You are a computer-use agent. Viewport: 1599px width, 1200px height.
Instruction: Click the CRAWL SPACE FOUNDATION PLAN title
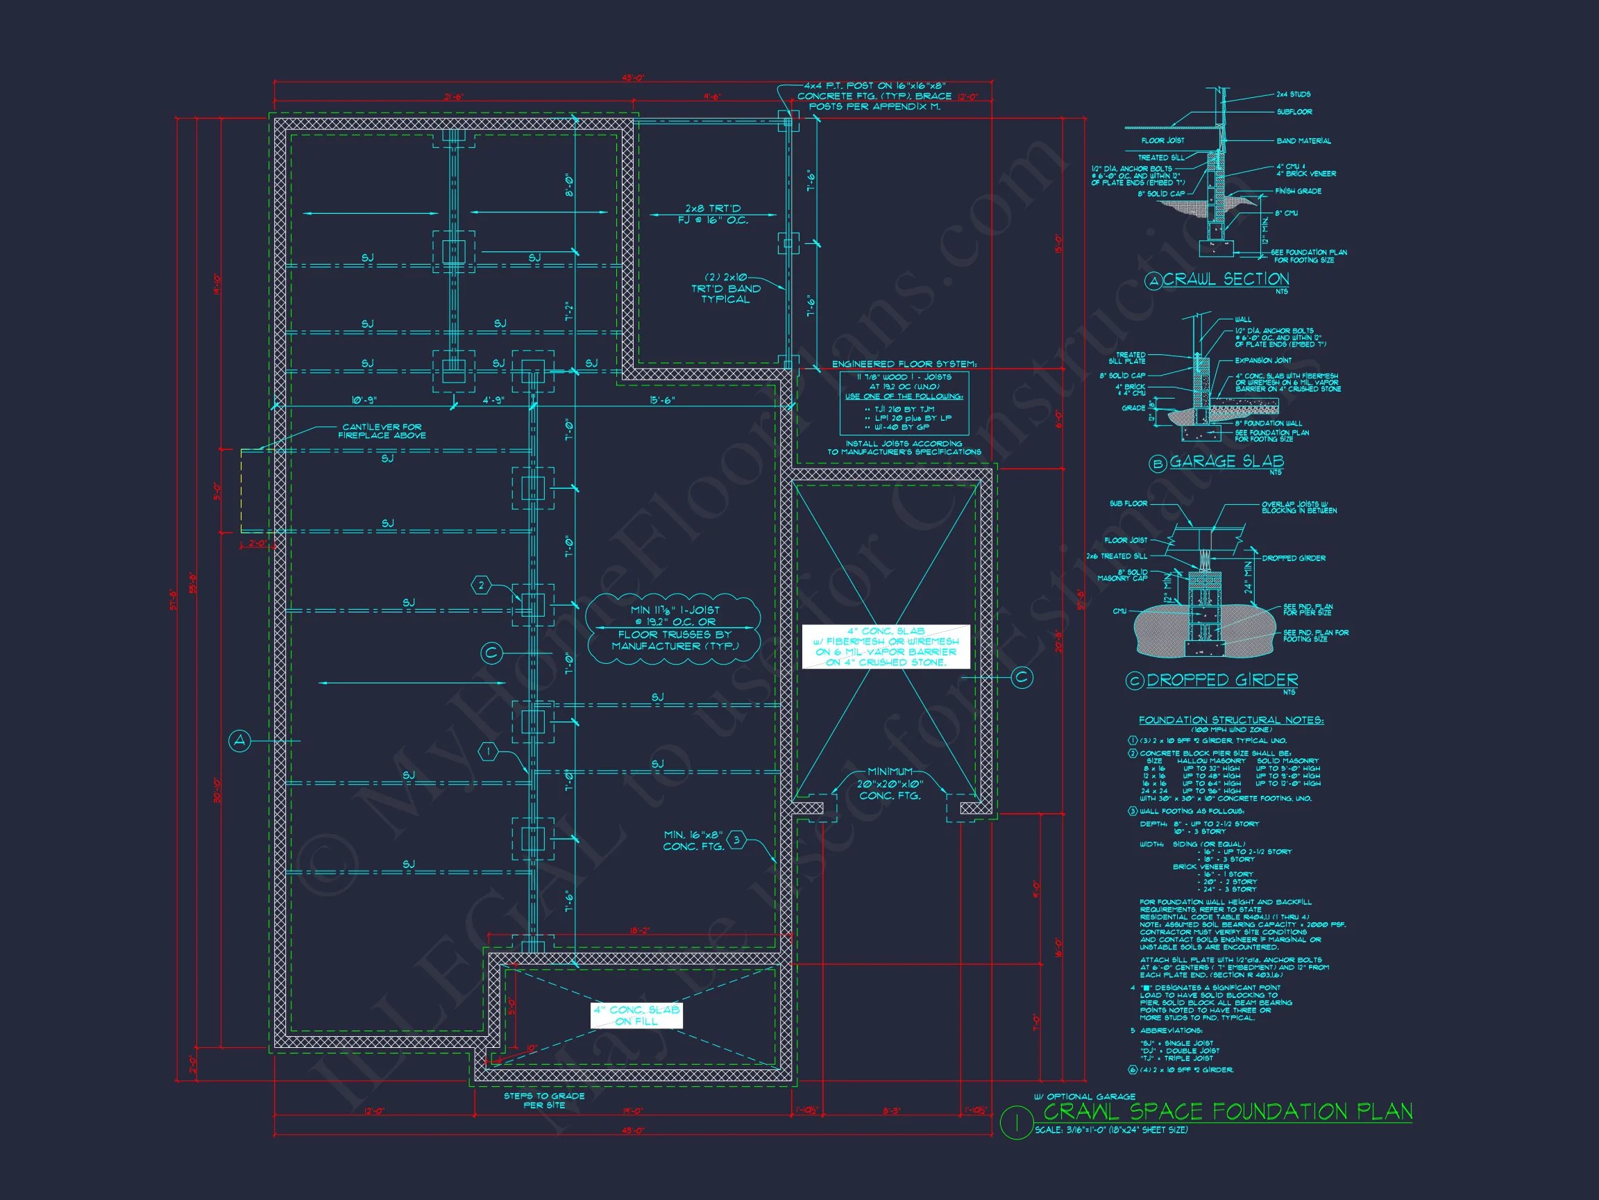coord(1228,1111)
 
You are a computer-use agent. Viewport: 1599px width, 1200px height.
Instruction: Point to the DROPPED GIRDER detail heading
coord(1221,680)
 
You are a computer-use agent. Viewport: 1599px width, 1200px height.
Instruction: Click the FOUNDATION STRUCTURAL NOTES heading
coord(1231,719)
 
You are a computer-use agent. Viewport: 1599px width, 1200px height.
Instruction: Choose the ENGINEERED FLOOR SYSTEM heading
coord(904,364)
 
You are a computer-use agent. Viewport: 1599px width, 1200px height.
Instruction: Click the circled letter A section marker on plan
coord(239,741)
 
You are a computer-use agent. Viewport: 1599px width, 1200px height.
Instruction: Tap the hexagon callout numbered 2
coord(482,585)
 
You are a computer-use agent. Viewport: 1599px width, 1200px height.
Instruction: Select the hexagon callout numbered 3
coord(736,839)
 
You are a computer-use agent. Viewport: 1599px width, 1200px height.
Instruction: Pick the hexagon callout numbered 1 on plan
coord(489,752)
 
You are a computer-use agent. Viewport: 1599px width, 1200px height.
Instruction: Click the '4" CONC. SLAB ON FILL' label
coord(636,1015)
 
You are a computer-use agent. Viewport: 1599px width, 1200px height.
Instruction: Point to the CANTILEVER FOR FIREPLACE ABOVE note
coord(382,431)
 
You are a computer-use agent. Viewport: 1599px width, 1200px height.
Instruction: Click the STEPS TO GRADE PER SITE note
coord(543,1100)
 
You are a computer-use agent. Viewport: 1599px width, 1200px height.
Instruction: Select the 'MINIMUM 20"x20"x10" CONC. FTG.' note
coord(890,783)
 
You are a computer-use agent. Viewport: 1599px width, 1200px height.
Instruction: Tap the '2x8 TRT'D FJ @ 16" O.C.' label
coord(713,214)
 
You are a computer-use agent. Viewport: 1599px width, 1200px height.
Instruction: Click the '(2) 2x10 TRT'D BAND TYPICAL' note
coord(725,288)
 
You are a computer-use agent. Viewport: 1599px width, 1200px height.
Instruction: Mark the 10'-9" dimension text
coord(364,400)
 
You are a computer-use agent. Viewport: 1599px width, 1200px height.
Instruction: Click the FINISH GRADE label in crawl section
coord(1298,191)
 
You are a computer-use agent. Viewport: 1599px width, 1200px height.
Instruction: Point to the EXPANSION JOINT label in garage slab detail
coord(1264,360)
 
